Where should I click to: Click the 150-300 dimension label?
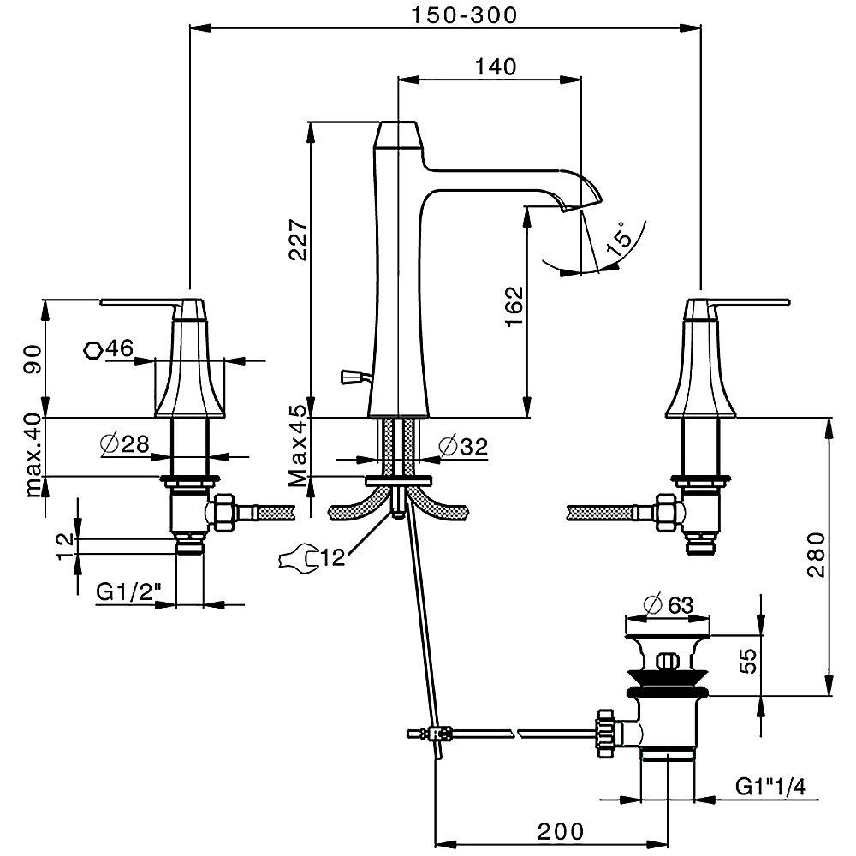coord(463,15)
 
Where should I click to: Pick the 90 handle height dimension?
coord(33,357)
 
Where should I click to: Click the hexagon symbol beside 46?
coord(94,348)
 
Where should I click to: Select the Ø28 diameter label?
coord(124,443)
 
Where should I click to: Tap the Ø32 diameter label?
coord(461,445)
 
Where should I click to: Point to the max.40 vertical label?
coord(33,454)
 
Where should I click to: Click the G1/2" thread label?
coord(126,592)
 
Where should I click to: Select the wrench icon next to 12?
coord(296,558)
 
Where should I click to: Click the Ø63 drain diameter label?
coord(668,605)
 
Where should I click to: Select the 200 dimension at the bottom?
coord(561,830)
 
